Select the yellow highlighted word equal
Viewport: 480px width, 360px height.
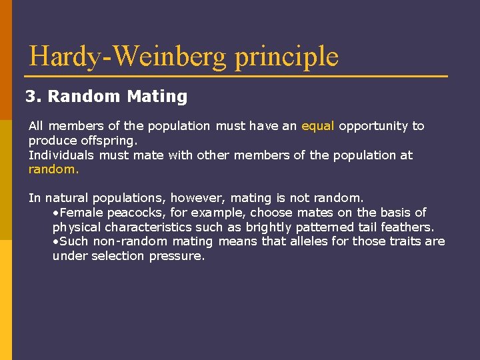(x=318, y=126)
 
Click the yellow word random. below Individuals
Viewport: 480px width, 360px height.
(x=53, y=169)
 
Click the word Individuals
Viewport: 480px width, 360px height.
(x=61, y=155)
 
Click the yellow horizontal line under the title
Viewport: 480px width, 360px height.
(x=237, y=77)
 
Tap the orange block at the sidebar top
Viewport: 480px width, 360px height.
(x=5, y=60)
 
